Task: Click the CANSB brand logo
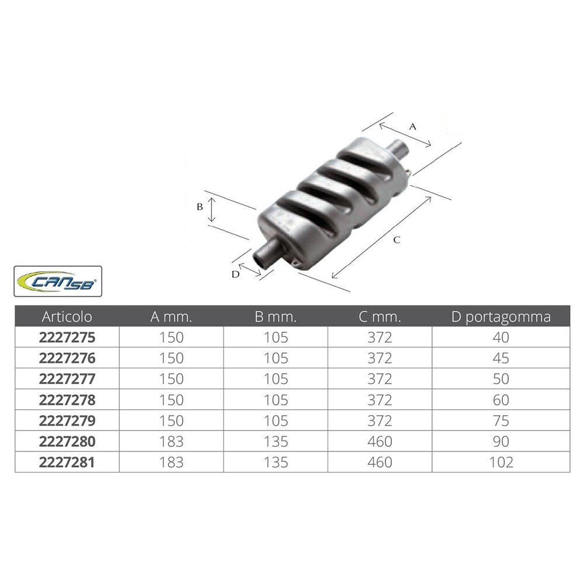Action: coord(58,281)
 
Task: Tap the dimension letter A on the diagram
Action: coord(412,127)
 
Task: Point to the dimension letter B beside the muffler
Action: coord(200,207)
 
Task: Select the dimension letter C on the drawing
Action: coord(397,240)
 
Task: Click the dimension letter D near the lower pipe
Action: coord(235,274)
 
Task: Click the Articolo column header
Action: coord(67,317)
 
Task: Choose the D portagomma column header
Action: coord(501,317)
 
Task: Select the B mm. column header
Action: coord(276,317)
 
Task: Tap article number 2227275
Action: coord(67,338)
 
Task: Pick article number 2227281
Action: coord(67,462)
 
